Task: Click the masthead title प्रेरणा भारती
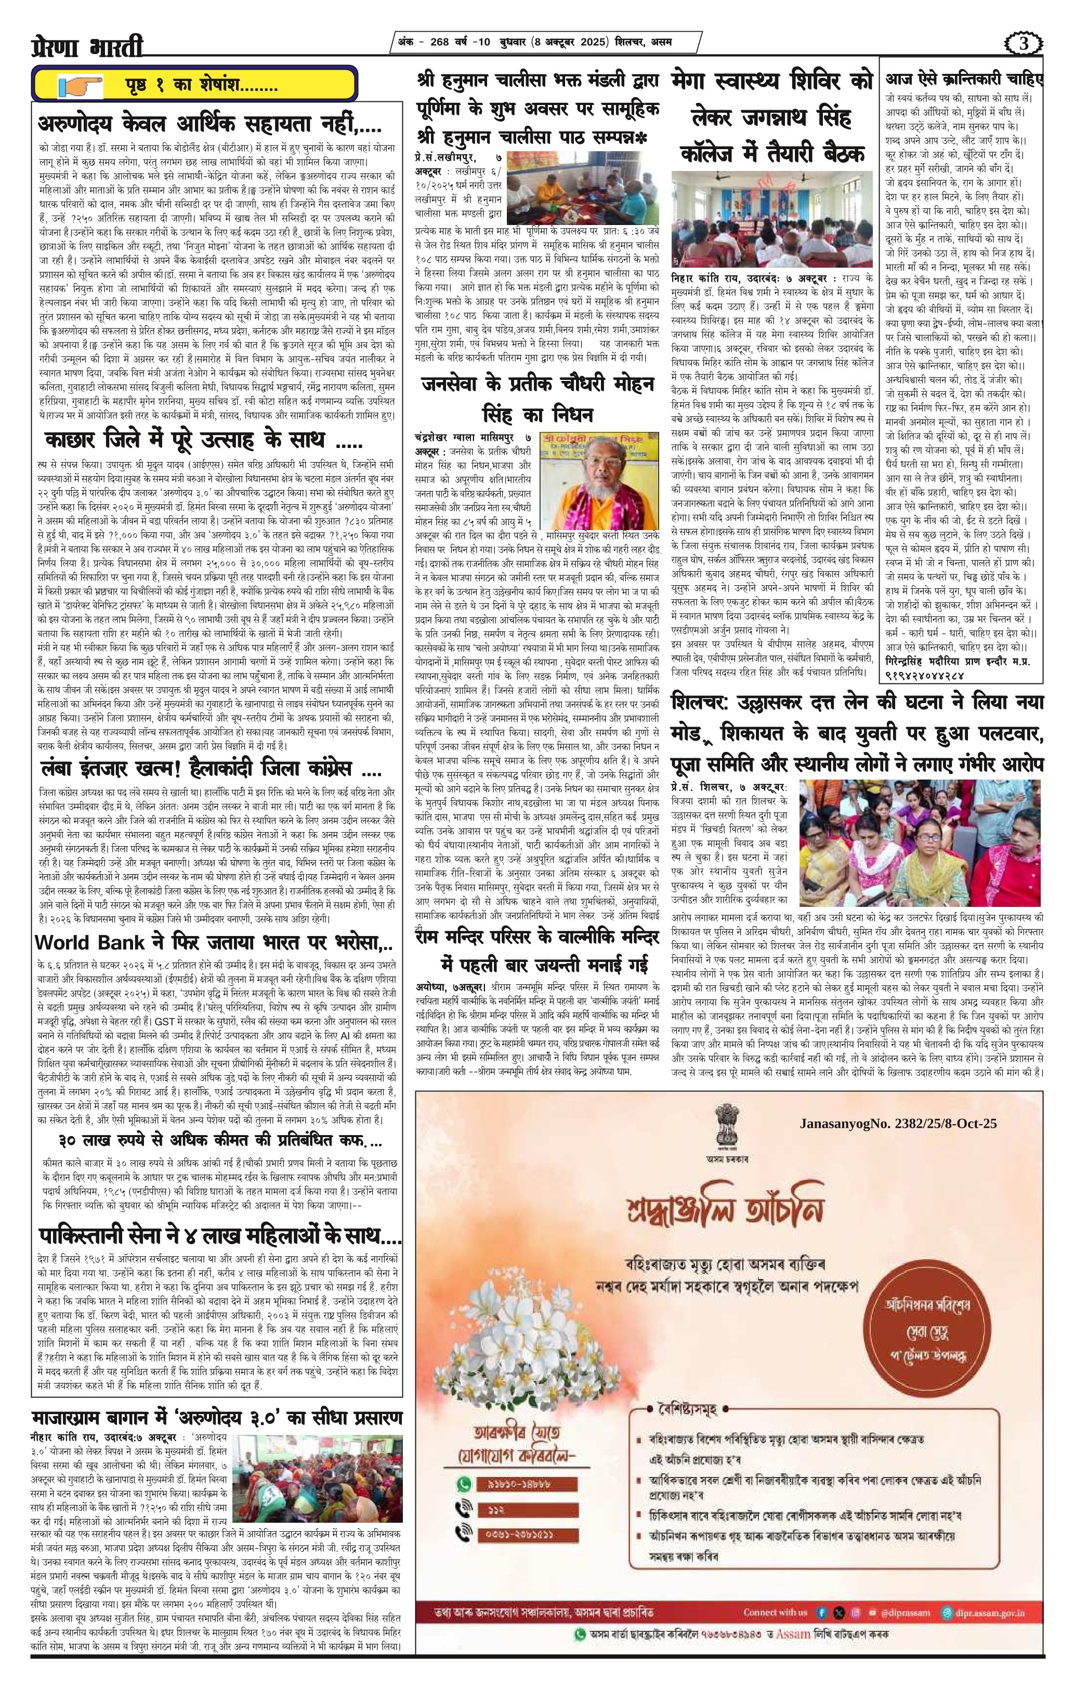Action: tap(88, 48)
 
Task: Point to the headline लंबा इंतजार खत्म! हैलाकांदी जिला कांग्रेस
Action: tap(211, 771)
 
